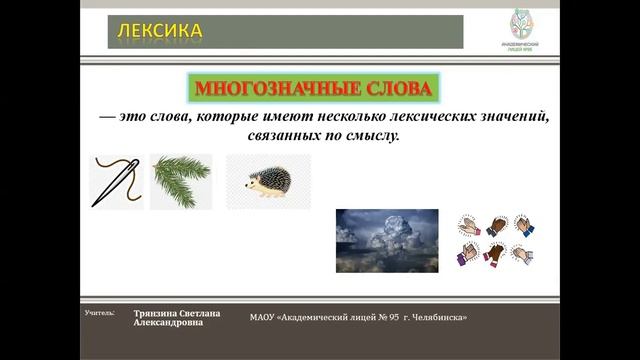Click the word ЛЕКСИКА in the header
pos(161,32)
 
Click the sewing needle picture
pos(116,181)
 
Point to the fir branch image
pos(181,181)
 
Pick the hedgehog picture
pos(267,182)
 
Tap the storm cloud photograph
pos(386,240)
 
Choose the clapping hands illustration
pos(495,239)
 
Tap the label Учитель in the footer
pos(100,313)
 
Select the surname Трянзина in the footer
pos(160,313)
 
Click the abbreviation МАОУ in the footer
pos(262,317)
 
